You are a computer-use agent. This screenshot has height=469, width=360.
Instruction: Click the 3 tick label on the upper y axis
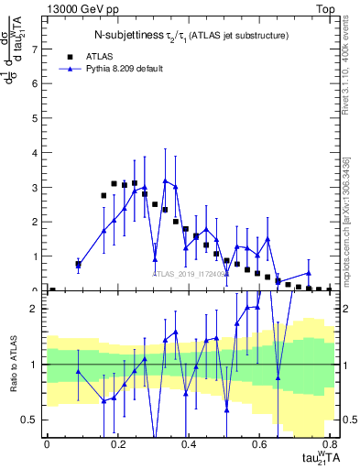coord(36,187)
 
